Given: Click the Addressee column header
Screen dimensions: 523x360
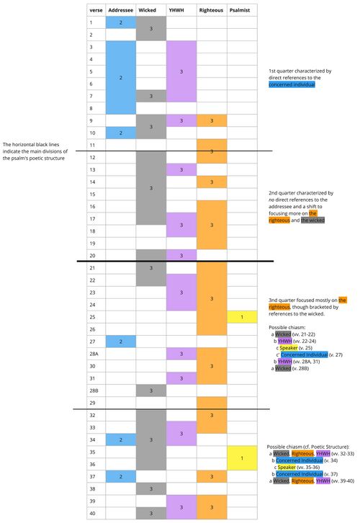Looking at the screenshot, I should tap(120, 11).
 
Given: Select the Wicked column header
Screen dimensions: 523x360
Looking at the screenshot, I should tap(150, 11).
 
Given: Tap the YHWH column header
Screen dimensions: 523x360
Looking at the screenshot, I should tap(181, 11).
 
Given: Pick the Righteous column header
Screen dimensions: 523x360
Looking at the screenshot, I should tap(211, 11).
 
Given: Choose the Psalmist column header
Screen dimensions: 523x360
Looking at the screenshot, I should tap(242, 11).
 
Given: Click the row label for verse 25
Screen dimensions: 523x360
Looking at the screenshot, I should tap(92, 316).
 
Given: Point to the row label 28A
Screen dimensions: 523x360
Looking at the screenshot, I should tap(92, 353).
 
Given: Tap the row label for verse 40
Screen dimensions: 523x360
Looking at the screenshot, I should tap(92, 513).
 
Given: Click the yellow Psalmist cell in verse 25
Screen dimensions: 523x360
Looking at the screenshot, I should tap(242, 316).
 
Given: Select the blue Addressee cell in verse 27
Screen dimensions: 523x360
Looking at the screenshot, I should tap(120, 341).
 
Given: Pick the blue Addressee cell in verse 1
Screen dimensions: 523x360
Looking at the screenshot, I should tap(120, 22).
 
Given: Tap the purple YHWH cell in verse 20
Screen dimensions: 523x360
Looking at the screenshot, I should tap(181, 255).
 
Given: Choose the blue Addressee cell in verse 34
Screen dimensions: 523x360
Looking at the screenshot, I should tap(120, 439).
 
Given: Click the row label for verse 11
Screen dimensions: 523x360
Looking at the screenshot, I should tap(92, 145).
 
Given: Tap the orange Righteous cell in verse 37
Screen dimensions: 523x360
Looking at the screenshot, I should tap(211, 476).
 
